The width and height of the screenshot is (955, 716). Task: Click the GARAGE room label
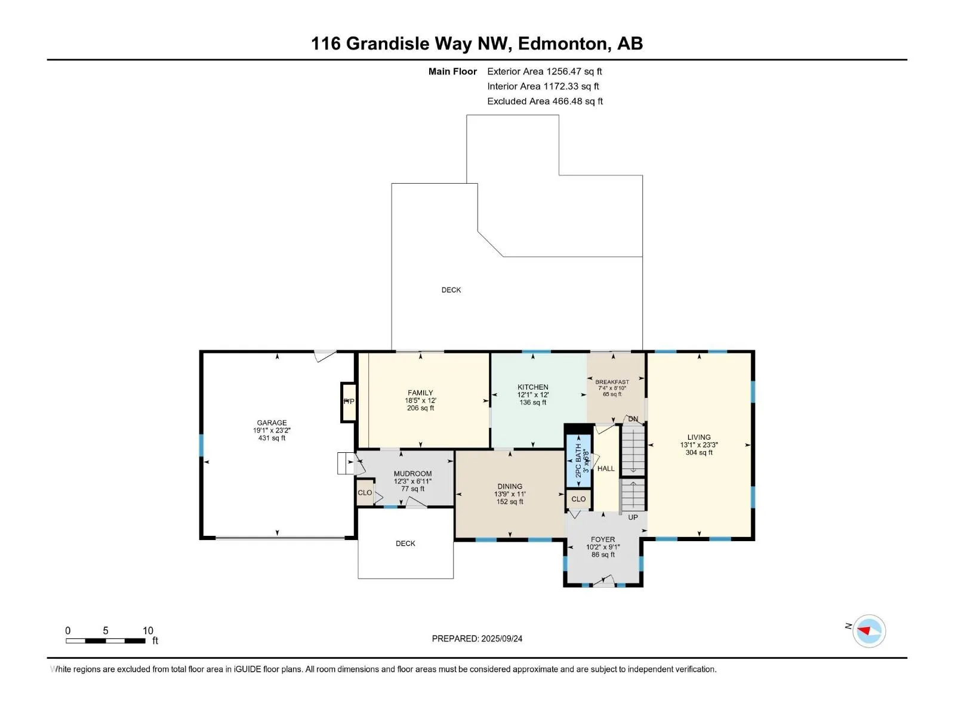272,422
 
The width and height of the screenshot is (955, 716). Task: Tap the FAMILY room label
420,393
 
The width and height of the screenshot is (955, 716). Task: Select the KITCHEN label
532,387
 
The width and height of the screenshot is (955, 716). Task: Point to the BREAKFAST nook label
612,382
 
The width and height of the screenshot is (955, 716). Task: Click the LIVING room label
699,437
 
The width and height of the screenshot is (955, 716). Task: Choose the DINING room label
510,486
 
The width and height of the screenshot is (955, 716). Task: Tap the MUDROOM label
412,474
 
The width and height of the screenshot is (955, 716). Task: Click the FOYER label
603,539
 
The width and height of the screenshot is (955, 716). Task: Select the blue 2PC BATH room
578,461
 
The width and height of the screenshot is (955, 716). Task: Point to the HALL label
606,468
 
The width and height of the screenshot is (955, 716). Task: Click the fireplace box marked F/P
349,402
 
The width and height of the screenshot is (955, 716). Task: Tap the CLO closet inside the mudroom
365,493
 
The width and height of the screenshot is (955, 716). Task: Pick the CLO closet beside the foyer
578,499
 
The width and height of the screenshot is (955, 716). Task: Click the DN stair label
633,419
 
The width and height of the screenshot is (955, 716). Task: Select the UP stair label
633,517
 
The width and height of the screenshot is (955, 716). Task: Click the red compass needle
863,630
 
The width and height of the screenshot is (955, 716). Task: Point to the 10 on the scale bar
148,630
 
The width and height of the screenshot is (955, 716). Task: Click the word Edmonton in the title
562,44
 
